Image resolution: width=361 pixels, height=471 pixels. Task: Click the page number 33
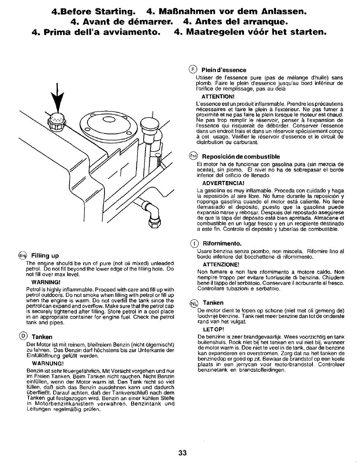182,453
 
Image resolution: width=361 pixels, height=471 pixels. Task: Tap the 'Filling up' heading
45,255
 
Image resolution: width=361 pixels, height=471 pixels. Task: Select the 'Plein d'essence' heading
224,70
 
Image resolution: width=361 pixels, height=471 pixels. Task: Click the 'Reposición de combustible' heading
241,156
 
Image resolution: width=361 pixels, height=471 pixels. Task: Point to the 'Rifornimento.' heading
222,243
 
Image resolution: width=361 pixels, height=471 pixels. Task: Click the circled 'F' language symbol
193,69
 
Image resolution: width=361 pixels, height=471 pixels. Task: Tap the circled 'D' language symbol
24,336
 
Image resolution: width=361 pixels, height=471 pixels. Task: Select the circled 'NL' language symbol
194,303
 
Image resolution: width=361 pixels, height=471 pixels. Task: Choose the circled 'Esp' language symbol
194,156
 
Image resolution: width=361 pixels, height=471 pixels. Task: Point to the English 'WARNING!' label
46,282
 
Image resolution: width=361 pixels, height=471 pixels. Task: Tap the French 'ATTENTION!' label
218,96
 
